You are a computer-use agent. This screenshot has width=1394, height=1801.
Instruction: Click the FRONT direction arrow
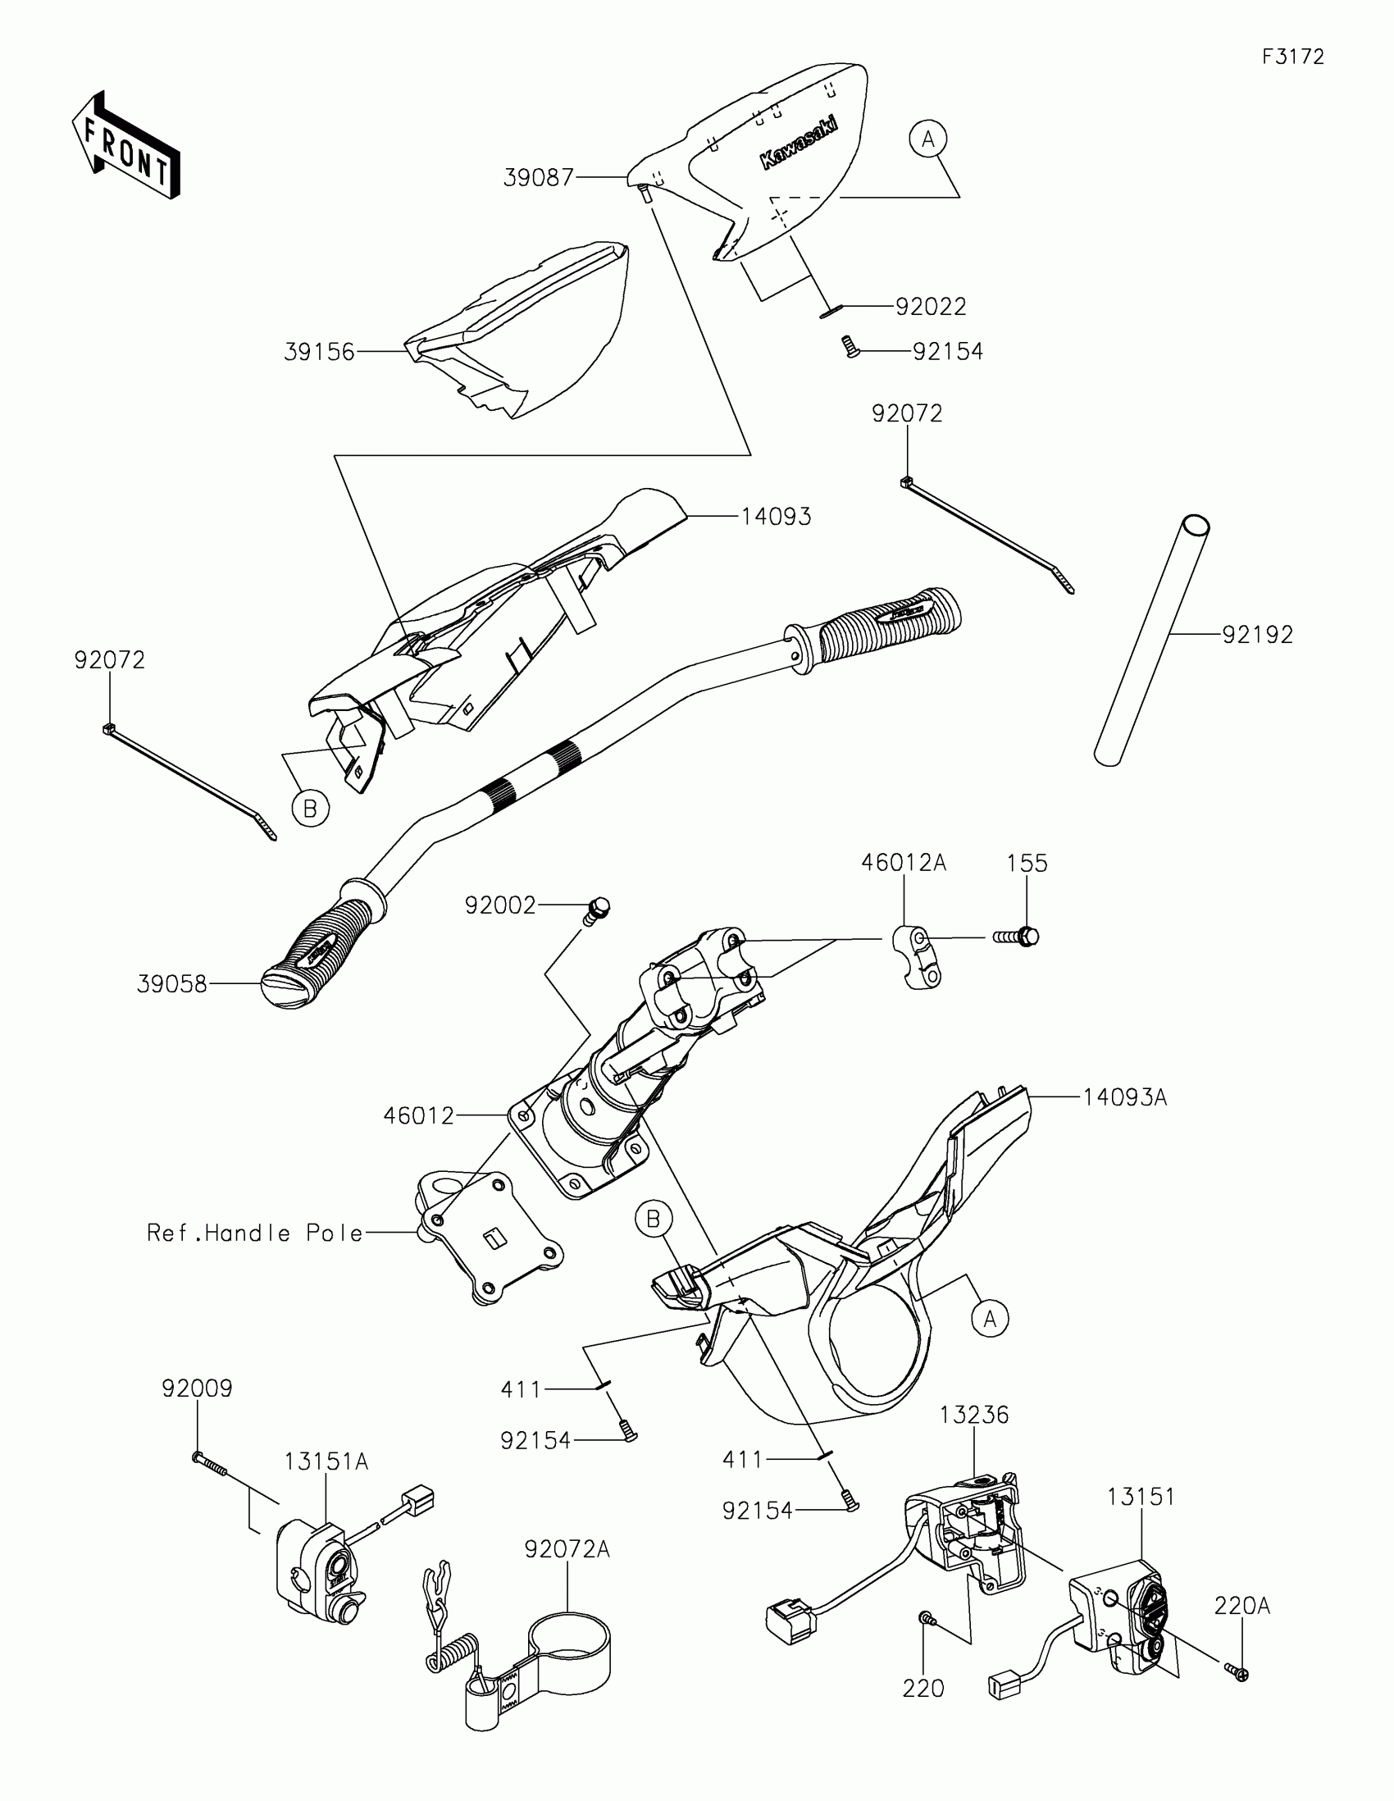tap(126, 144)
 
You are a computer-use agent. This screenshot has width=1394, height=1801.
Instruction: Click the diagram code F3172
tap(1292, 57)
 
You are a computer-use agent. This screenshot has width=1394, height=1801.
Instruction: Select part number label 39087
tap(538, 177)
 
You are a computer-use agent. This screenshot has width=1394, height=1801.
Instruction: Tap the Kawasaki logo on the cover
tap(798, 143)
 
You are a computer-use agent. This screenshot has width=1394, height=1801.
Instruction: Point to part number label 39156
tap(319, 352)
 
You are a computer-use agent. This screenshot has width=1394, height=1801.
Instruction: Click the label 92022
tap(931, 307)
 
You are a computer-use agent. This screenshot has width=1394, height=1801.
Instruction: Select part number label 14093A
tap(1124, 1097)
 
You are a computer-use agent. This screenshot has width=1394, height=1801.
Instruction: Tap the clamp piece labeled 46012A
tap(915, 955)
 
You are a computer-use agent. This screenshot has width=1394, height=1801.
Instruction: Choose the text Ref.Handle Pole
tap(255, 1233)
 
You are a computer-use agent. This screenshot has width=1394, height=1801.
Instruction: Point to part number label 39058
tap(171, 985)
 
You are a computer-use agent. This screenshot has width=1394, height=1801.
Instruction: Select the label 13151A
tap(326, 1461)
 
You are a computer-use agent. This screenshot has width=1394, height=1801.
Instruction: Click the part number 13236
tap(974, 1414)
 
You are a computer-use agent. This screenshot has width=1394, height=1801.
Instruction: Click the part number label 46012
tap(419, 1115)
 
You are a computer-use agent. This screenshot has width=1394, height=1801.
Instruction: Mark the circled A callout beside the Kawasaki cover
tap(928, 139)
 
